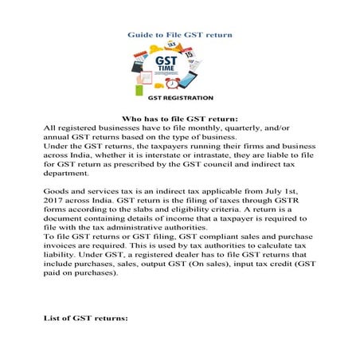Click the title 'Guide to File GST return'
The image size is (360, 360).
pyautogui.click(x=180, y=36)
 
